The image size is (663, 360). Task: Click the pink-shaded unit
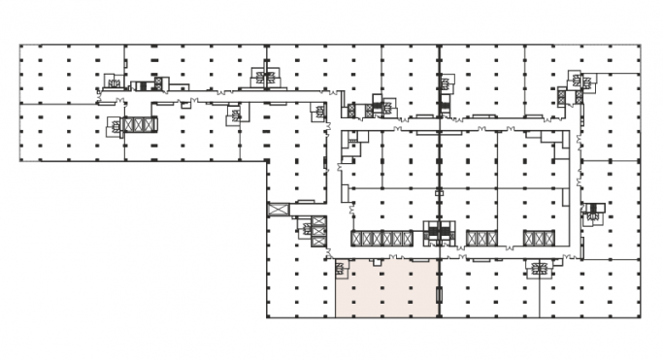(x=386, y=289)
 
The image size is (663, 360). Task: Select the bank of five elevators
(x=381, y=239)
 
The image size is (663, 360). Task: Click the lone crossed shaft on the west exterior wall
(x=279, y=209)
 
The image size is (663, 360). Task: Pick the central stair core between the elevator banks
(x=440, y=234)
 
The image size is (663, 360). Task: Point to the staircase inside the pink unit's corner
(x=341, y=269)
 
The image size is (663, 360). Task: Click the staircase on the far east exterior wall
(x=592, y=214)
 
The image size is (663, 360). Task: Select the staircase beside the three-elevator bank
(x=115, y=125)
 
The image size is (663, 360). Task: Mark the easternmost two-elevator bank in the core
(x=536, y=239)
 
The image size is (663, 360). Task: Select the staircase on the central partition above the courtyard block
(x=445, y=84)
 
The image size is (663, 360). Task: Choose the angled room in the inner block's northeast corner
(x=559, y=140)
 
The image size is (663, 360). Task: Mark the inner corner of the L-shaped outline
(x=267, y=161)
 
